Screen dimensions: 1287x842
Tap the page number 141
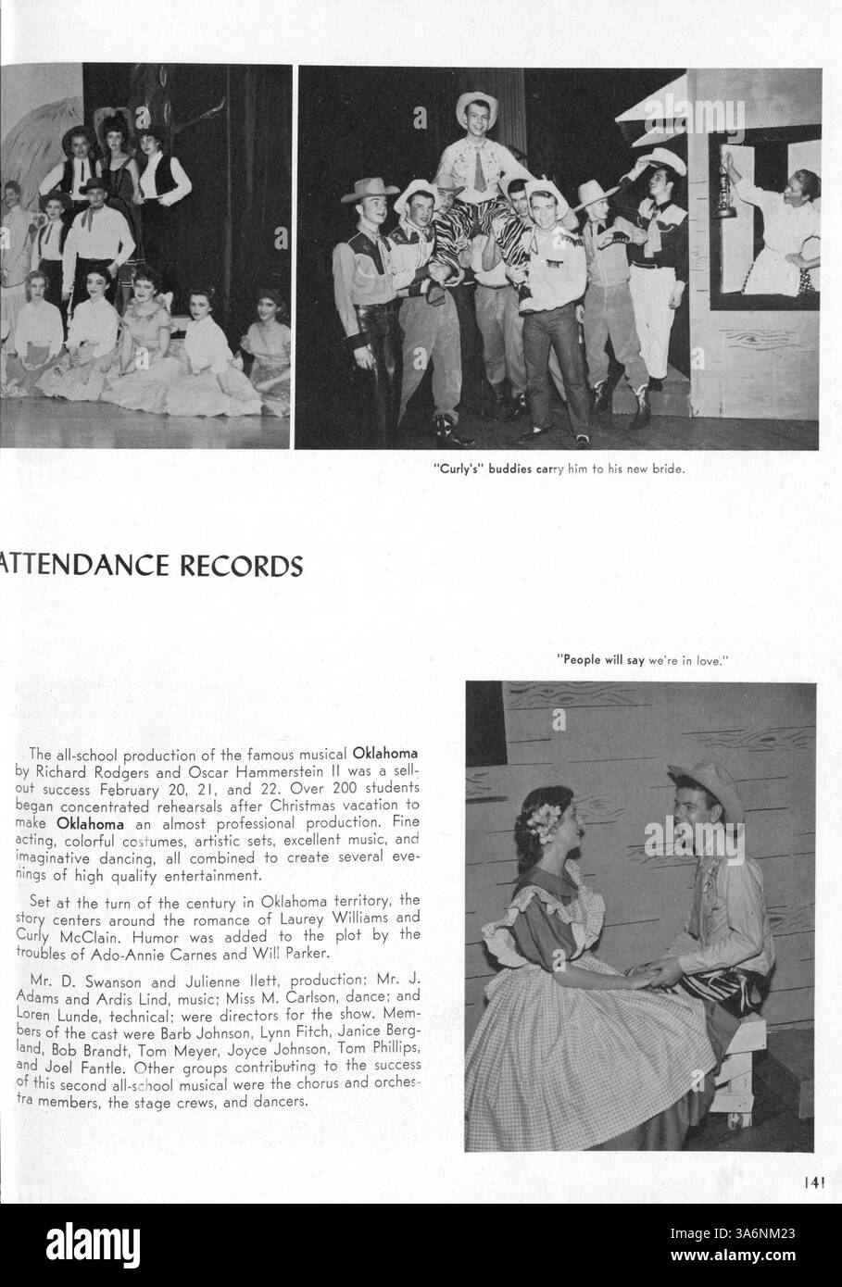813,1181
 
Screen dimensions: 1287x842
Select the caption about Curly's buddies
559,469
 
